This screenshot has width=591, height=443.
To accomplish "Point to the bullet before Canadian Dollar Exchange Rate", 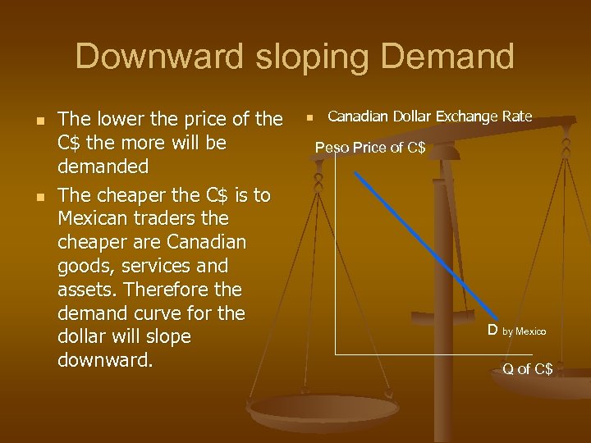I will coord(310,118).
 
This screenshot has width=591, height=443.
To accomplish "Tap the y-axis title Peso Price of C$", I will coord(370,148).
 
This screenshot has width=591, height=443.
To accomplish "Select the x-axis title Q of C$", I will coord(528,369).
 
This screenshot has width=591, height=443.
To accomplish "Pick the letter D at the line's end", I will coord(492,330).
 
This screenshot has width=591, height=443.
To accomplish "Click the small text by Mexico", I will coord(524,331).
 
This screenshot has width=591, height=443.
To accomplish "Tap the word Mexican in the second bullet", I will coord(93,220).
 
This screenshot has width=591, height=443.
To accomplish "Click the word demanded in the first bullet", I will coord(103,167).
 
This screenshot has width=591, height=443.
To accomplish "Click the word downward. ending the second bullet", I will coord(105,361).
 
